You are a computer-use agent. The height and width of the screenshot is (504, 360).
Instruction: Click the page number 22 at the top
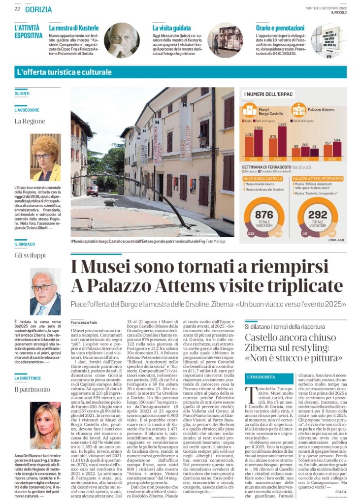point(17,9)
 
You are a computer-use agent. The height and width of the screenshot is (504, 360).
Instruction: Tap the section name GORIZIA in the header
point(38,9)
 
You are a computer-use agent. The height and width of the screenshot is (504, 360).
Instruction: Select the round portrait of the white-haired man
point(122,40)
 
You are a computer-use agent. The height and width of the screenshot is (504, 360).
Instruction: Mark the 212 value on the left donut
point(251,233)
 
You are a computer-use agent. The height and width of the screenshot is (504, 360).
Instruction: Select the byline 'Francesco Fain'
point(84,321)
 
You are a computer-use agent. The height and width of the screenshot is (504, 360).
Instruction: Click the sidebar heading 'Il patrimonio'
point(30,389)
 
